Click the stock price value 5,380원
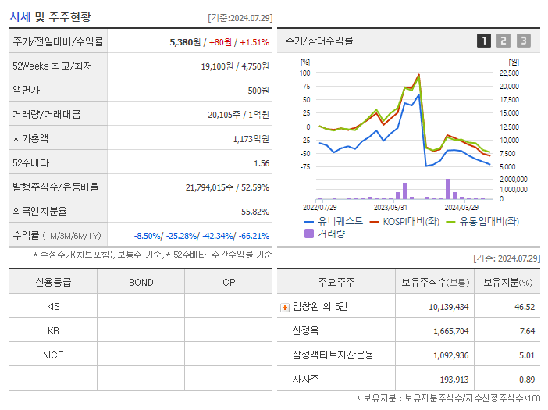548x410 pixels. point(184,42)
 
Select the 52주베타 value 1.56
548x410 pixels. point(261,163)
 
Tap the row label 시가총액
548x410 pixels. point(30,139)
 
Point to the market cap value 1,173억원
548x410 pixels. point(251,139)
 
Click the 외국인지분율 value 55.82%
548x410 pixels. point(254,212)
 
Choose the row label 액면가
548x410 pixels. point(26,91)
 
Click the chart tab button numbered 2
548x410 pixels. point(504,41)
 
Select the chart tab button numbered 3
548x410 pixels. point(523,41)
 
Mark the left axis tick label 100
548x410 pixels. point(305,73)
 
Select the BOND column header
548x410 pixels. point(141,282)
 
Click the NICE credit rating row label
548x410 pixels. point(53,355)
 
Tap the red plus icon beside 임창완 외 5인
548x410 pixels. point(284,307)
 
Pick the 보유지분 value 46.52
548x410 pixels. point(525,307)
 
